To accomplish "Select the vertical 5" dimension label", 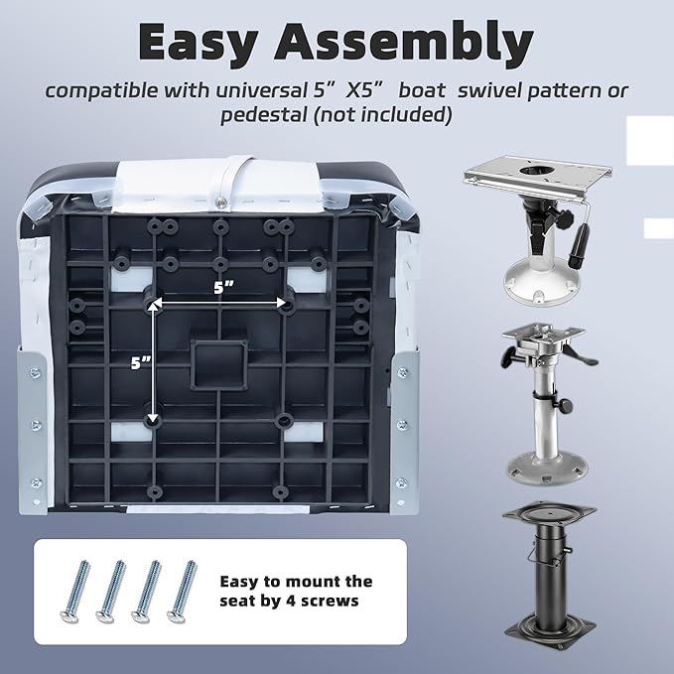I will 141,363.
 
